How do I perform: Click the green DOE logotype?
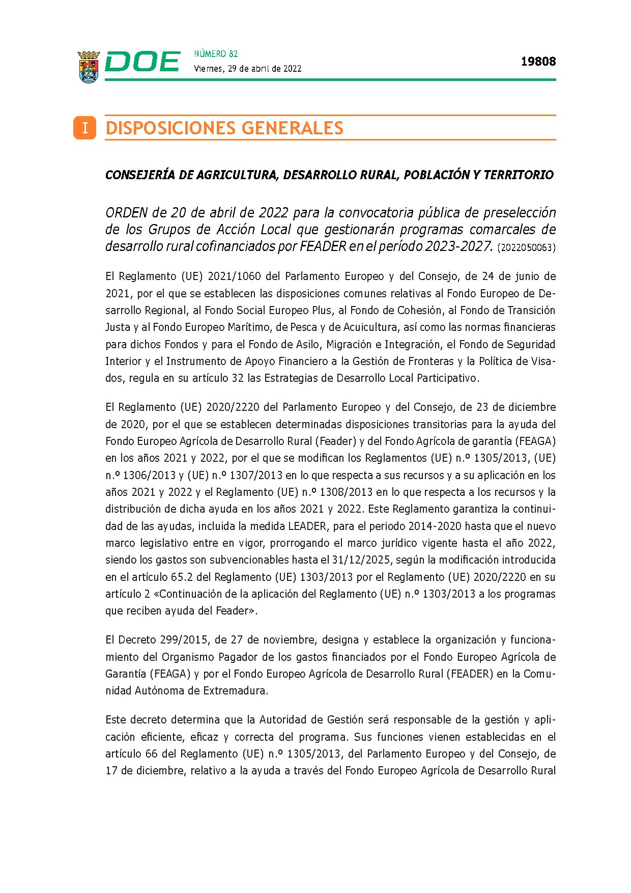[142, 62]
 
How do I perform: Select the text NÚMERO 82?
[216, 54]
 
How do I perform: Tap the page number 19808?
[538, 62]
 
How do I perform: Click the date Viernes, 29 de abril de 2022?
[247, 69]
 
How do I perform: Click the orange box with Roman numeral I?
[84, 128]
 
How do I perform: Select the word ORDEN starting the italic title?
[126, 212]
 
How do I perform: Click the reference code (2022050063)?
[526, 248]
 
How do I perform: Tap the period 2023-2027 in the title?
[459, 246]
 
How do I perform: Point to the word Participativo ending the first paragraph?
[448, 378]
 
